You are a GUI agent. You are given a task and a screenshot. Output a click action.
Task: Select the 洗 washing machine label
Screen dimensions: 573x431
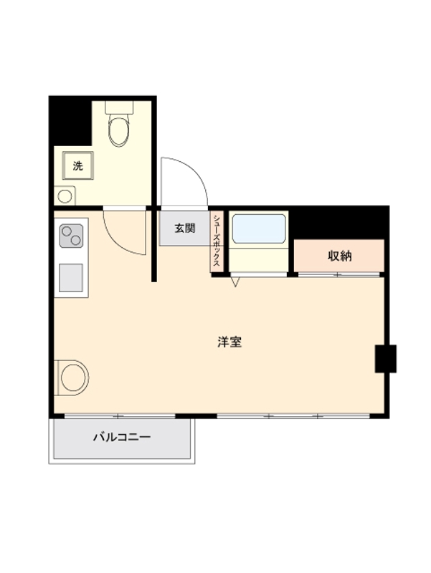coord(77,165)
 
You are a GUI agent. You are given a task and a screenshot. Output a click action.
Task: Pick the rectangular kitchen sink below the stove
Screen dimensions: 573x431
coord(71,277)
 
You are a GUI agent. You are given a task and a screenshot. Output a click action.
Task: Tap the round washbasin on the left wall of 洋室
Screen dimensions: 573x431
coord(73,377)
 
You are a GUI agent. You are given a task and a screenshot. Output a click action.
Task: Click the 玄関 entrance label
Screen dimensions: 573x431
coord(185,229)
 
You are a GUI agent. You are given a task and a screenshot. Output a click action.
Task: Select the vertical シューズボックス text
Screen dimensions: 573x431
coord(217,241)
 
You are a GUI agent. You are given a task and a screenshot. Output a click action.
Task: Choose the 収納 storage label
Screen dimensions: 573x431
coord(340,256)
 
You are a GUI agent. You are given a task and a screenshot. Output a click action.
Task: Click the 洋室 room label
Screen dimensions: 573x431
coord(229,342)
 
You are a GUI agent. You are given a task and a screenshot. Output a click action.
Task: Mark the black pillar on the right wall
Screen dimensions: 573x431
coord(385,359)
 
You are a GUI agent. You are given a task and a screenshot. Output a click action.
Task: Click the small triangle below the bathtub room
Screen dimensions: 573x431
coord(236,281)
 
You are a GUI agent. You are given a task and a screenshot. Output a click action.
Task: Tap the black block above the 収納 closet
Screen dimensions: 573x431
coord(340,222)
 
